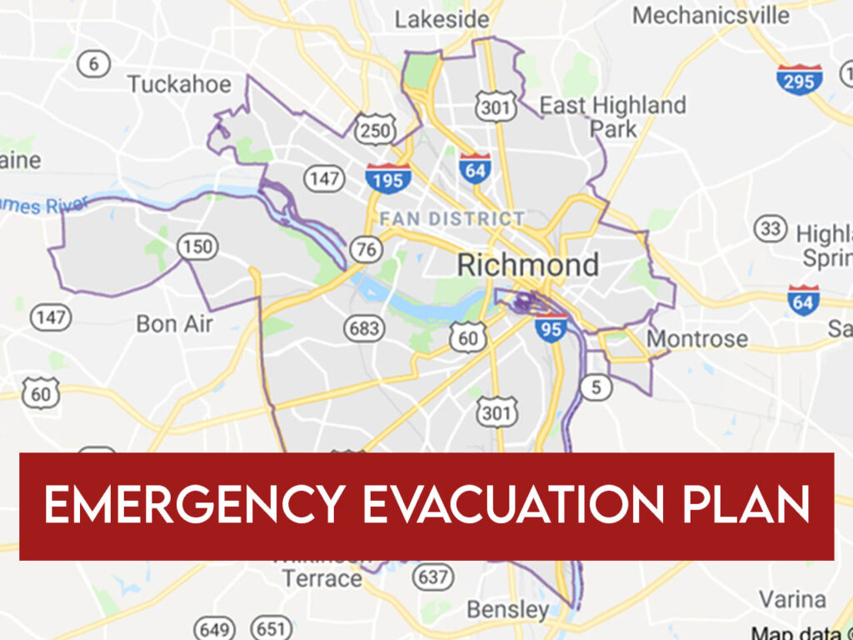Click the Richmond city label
tap(528, 266)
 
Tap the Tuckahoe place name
tap(179, 84)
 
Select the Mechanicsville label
tap(711, 15)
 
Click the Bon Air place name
tap(174, 323)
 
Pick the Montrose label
tap(697, 339)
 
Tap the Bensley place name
tap(507, 609)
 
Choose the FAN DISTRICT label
tap(452, 219)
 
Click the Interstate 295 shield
tap(799, 79)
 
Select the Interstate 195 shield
tap(387, 177)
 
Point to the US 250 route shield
tap(375, 129)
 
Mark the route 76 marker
tap(367, 249)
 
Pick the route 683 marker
tap(365, 328)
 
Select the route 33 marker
tap(771, 228)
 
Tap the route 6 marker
tap(93, 64)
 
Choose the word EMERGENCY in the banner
tap(193, 506)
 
